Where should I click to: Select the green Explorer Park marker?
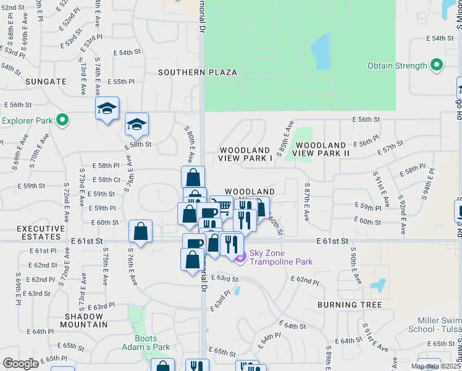(62, 119)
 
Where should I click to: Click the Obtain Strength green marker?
(437, 65)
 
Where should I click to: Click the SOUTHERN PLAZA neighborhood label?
(197, 72)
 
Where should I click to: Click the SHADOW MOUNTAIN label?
(84, 320)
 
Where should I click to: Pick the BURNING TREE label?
(350, 305)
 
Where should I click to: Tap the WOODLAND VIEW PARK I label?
(245, 154)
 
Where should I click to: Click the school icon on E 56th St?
(107, 109)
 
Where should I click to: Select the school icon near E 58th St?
(136, 124)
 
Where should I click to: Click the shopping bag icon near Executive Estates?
(141, 232)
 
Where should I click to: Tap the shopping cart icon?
(222, 206)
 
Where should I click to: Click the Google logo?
(20, 364)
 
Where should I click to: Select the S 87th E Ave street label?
(306, 202)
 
